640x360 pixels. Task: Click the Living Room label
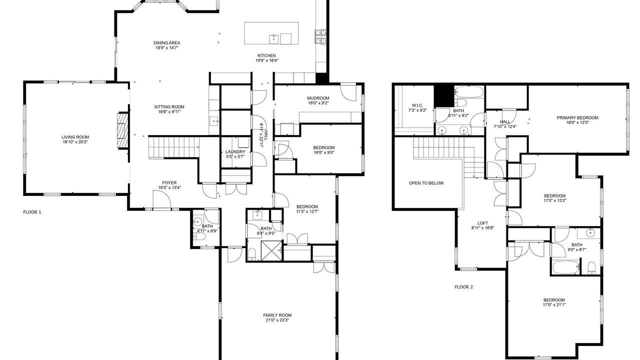tap(75, 137)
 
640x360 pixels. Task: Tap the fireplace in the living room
tap(123, 131)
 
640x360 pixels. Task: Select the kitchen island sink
tap(273, 39)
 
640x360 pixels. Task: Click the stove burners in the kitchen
tap(321, 37)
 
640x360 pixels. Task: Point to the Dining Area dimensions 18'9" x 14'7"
tap(167, 47)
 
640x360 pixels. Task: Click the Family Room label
tap(277, 315)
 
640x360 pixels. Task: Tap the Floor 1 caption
tap(32, 212)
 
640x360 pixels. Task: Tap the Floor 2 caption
tap(463, 287)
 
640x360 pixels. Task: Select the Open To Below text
tap(426, 183)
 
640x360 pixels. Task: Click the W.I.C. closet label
tap(417, 105)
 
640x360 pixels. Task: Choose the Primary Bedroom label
tap(577, 117)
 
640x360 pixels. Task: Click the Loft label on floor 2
tap(483, 223)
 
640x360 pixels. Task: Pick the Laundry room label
tap(235, 151)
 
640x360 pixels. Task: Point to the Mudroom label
tap(318, 98)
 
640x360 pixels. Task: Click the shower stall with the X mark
tap(271, 250)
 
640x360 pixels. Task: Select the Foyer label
tap(169, 183)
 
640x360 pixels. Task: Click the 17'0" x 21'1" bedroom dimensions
tap(554, 305)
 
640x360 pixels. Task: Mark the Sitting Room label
tap(169, 107)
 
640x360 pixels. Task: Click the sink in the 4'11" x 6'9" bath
tap(197, 221)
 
